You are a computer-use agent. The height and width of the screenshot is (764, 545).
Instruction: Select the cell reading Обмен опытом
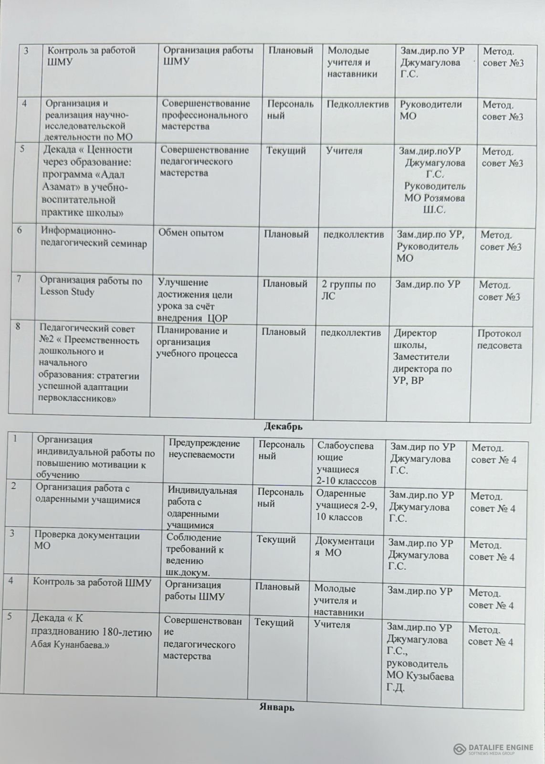click(193, 233)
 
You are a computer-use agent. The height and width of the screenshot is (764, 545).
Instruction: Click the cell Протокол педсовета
click(499, 340)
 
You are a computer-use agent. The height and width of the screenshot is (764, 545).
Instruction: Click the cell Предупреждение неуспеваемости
click(204, 449)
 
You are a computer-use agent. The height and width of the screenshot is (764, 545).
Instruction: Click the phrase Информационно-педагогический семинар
click(94, 237)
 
